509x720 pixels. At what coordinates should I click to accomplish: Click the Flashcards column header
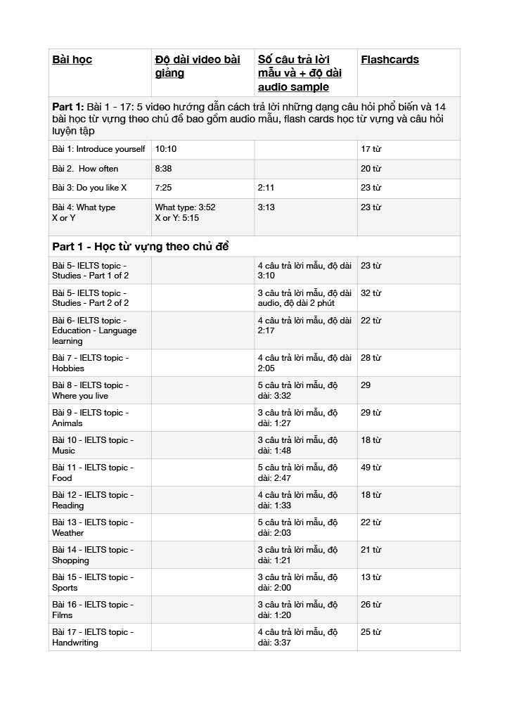click(389, 60)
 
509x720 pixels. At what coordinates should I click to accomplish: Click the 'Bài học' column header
click(72, 60)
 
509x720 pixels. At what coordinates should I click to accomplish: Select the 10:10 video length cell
click(166, 149)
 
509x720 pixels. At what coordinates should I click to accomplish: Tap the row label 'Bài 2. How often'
click(85, 169)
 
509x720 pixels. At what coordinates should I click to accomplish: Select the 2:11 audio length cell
click(266, 188)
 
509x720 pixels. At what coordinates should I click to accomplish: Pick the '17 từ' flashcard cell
click(371, 149)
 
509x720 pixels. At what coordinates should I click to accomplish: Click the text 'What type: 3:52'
click(185, 207)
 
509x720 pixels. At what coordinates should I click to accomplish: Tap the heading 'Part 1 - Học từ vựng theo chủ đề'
click(141, 247)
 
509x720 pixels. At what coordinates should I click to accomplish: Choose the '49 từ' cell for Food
click(371, 468)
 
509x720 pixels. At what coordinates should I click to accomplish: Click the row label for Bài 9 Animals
click(90, 418)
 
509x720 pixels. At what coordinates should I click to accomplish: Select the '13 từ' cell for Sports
click(371, 577)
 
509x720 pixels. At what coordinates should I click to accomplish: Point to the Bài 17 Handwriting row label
click(92, 637)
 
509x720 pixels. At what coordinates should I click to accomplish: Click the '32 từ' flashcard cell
click(371, 293)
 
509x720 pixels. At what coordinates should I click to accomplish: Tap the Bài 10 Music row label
click(92, 445)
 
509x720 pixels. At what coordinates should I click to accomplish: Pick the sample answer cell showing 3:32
click(297, 390)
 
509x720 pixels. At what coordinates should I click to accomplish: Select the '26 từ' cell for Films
click(371, 605)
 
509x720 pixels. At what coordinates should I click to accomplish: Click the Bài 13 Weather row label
click(92, 527)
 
